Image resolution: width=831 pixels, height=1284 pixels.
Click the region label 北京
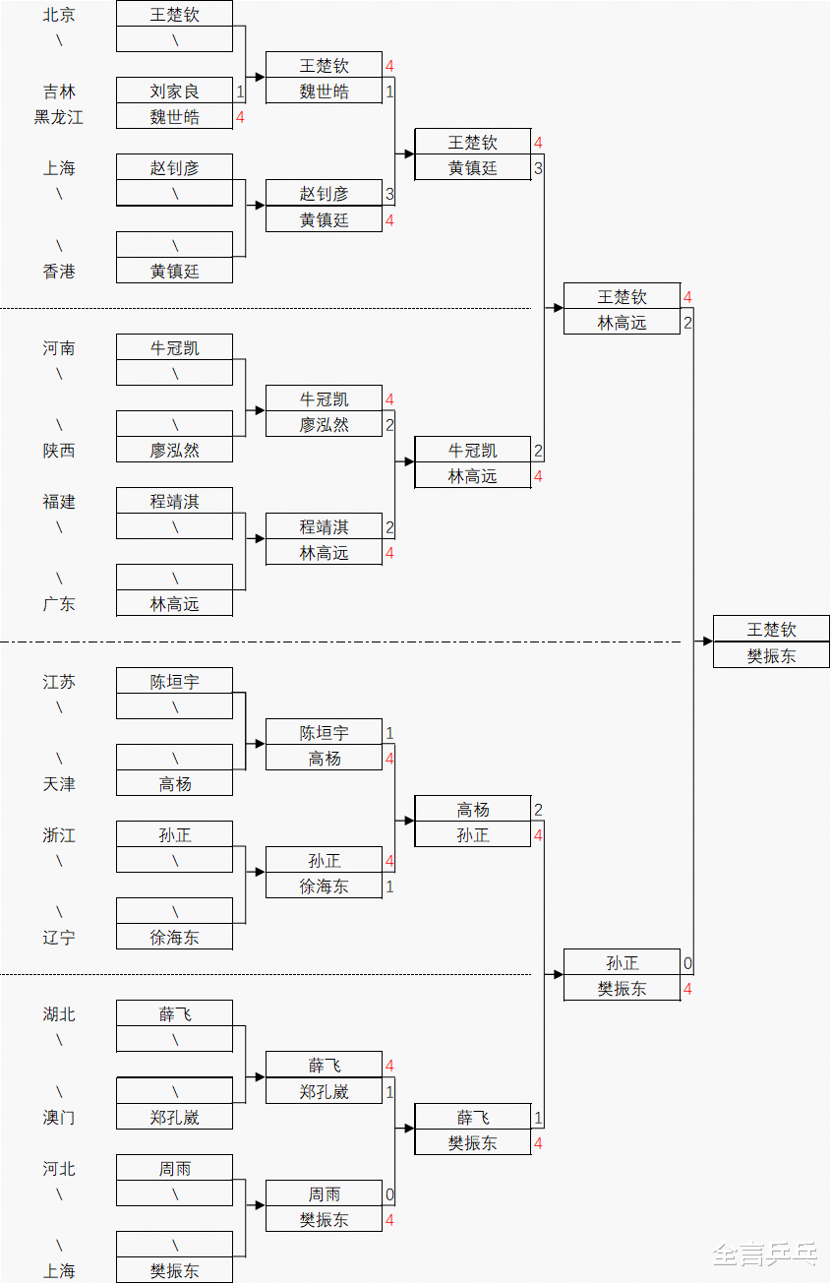point(59,15)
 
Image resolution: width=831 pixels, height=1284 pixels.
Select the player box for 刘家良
point(175,92)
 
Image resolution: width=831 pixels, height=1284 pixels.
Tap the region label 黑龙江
point(59,117)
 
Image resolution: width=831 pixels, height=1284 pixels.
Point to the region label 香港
point(59,272)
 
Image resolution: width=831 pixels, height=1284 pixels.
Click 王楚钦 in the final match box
point(772,630)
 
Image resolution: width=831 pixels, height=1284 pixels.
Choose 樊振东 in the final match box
point(772,655)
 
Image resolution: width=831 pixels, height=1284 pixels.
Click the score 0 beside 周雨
point(389,1194)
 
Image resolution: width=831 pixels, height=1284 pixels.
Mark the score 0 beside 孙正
point(687,963)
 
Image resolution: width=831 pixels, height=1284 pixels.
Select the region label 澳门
point(59,1118)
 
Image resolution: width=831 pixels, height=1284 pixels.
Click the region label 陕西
point(59,451)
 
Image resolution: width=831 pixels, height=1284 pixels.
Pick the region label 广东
point(59,604)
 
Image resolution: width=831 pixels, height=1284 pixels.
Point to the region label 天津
point(59,784)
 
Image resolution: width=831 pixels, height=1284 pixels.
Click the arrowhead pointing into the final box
point(707,642)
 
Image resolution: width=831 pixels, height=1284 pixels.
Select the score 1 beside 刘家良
point(240,92)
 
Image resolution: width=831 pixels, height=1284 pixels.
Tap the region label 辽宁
point(59,938)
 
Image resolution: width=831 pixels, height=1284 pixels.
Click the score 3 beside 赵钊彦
point(389,194)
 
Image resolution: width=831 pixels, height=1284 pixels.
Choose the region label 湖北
point(59,1014)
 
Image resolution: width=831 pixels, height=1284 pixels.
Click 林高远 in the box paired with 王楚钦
point(623,323)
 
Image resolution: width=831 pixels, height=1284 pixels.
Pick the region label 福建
point(59,502)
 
